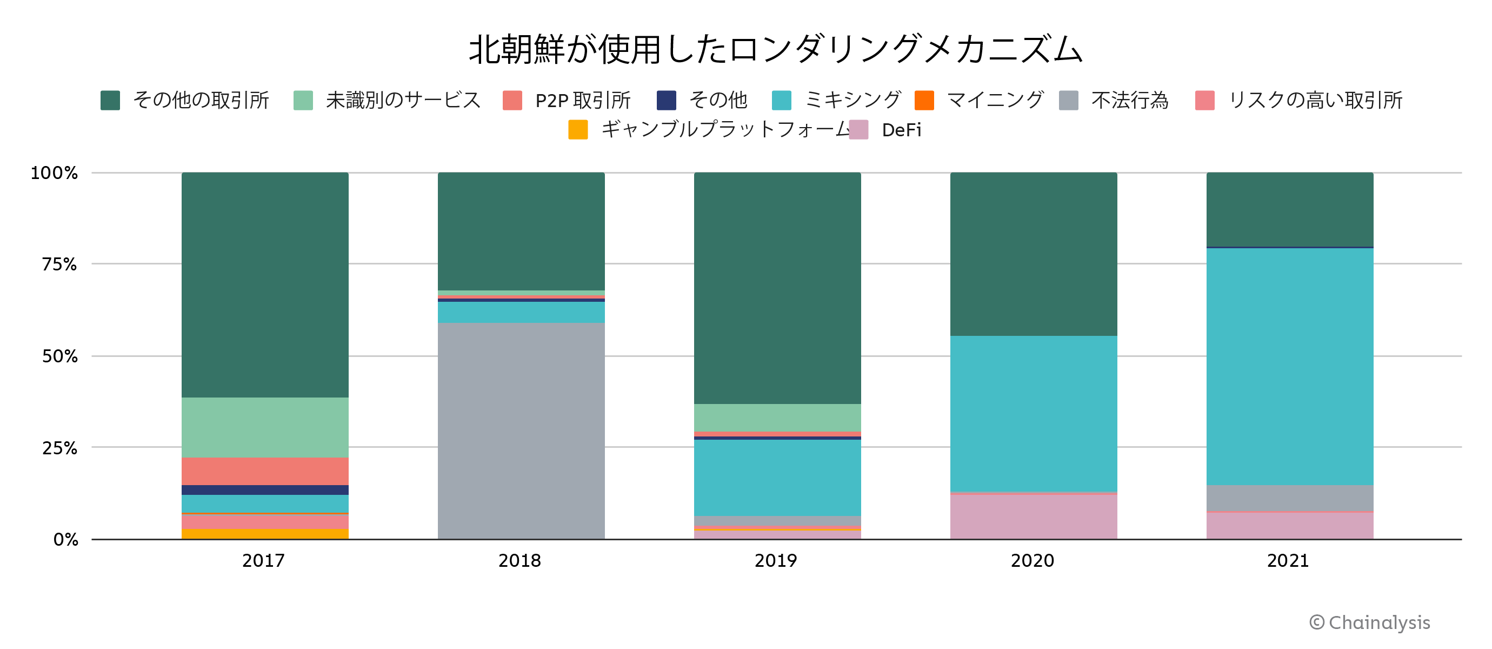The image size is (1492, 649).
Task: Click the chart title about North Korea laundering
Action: [775, 49]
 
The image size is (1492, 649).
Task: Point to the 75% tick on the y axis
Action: [59, 264]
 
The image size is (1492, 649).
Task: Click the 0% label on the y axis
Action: [65, 540]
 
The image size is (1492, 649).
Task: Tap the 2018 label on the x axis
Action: [519, 560]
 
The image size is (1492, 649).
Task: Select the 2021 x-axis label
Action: [1288, 560]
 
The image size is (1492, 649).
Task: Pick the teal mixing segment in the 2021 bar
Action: [1289, 366]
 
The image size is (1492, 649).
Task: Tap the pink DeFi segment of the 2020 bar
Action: [1033, 516]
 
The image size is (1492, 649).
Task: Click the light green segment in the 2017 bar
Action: [265, 427]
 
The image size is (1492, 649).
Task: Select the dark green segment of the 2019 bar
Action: [777, 288]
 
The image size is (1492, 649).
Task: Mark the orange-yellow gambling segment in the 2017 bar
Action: [265, 534]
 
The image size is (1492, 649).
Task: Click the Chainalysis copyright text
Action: [1370, 622]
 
